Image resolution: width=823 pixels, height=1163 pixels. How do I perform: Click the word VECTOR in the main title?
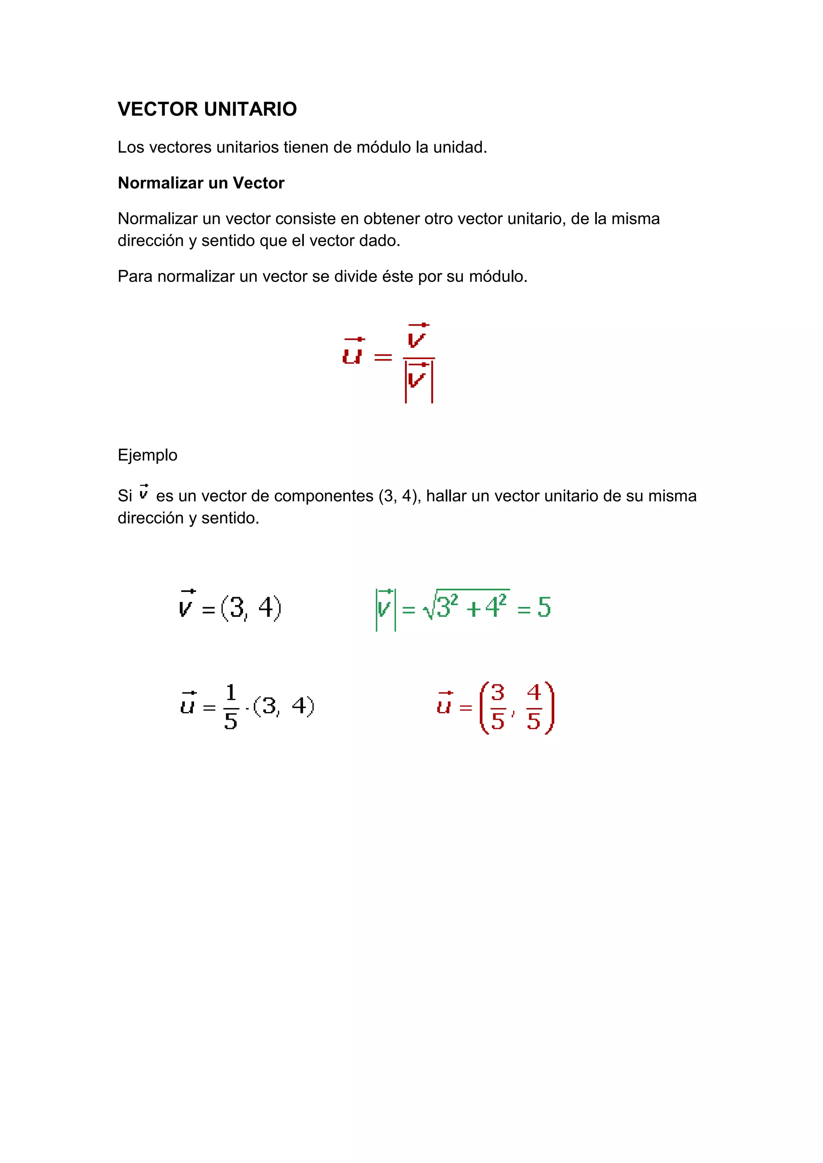(158, 109)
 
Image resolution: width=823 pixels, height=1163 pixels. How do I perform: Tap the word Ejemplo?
(147, 455)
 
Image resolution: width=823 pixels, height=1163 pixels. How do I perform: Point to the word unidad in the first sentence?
(460, 147)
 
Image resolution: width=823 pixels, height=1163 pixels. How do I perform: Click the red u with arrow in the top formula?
(353, 352)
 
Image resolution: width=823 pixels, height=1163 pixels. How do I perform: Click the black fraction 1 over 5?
(231, 707)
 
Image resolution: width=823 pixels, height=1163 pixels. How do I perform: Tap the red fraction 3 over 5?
(497, 707)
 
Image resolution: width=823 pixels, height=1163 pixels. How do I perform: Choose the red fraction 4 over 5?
(534, 707)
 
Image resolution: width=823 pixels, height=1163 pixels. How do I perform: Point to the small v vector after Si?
(144, 492)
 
